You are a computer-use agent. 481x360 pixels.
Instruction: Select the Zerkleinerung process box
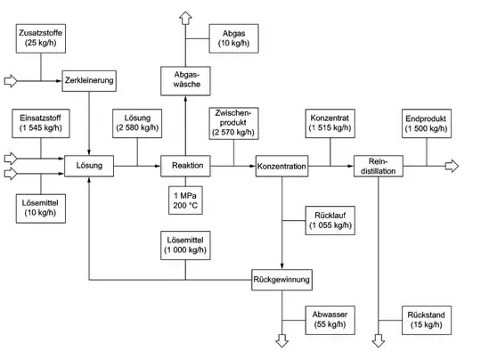coord(91,81)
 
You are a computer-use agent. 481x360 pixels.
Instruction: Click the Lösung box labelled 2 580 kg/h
coord(137,124)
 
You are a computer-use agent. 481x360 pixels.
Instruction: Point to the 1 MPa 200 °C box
coord(186,200)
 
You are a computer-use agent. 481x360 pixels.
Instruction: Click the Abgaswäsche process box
coord(185,81)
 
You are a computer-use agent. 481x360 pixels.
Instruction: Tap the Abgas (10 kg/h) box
coord(234,38)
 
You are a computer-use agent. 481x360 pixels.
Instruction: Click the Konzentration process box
coord(281,167)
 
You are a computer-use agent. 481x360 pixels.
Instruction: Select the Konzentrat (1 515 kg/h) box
coord(330,124)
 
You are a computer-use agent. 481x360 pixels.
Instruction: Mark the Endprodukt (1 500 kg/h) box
coord(426,124)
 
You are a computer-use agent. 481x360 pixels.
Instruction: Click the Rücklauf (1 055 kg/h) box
coord(330,220)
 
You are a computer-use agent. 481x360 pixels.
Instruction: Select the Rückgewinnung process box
coord(281,280)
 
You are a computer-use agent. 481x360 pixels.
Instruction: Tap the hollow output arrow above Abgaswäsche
coord(185,17)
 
